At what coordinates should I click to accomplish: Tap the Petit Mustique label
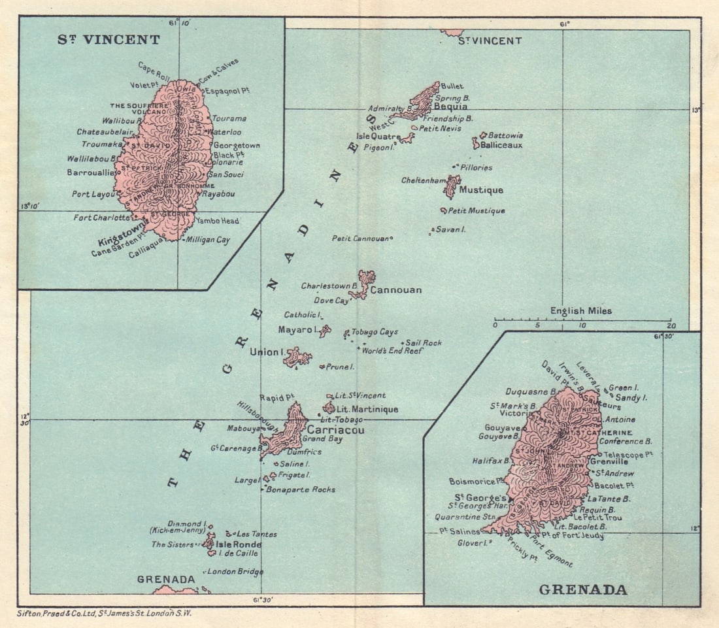pyautogui.click(x=477, y=211)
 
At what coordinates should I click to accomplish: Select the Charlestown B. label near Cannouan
pyautogui.click(x=329, y=286)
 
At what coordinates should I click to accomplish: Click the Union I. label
pyautogui.click(x=266, y=353)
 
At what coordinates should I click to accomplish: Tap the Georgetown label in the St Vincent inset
pyautogui.click(x=237, y=145)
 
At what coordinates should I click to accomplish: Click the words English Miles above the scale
pyautogui.click(x=581, y=311)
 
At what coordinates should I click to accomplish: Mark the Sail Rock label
pyautogui.click(x=424, y=342)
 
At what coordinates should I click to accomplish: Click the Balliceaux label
pyautogui.click(x=501, y=145)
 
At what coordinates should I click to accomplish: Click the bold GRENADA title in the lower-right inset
pyautogui.click(x=583, y=590)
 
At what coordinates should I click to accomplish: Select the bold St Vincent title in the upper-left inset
pyautogui.click(x=109, y=40)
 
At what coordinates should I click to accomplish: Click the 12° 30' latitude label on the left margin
pyautogui.click(x=25, y=419)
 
